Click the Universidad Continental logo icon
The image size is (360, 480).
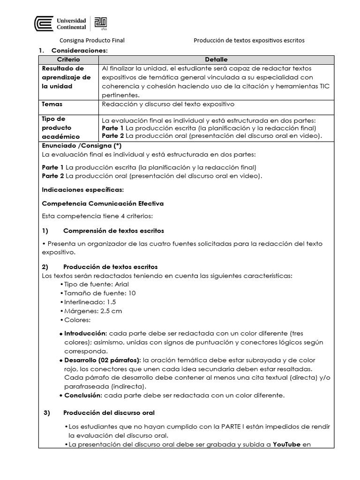pos(44,23)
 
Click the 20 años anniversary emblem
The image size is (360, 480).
pos(101,23)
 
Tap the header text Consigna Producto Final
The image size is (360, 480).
pos(91,40)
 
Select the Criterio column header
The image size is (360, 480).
pos(68,60)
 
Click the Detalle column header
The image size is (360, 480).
pos(216,60)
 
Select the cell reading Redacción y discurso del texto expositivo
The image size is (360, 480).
pos(168,104)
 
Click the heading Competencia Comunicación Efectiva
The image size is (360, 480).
pos(103,203)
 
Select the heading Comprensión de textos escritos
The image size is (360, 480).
pos(113,231)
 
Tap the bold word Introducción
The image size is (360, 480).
pos(86,333)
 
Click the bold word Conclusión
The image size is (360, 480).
pos(83,395)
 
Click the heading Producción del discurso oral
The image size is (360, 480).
pos(109,412)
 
